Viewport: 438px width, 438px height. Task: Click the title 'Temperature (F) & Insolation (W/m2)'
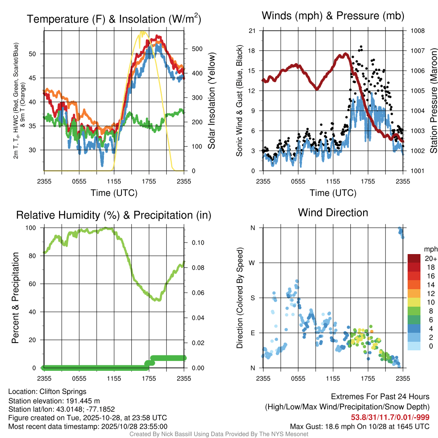tap(114, 19)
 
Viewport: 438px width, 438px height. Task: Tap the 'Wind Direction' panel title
tap(333, 213)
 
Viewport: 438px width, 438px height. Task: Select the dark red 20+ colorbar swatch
tap(414, 258)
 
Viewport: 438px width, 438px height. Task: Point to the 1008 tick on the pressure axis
tap(417, 31)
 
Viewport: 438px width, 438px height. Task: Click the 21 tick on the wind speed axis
tap(252, 31)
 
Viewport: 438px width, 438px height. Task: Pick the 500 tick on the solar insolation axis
tap(196, 49)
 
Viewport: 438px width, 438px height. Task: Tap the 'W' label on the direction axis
tap(252, 263)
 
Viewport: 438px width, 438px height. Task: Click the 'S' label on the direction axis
tap(253, 298)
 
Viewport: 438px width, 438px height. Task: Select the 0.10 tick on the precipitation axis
tap(197, 243)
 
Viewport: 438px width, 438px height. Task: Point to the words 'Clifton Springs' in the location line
tap(63, 391)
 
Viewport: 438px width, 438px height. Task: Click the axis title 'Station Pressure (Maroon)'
tap(433, 101)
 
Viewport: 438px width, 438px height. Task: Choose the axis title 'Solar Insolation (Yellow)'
tap(212, 101)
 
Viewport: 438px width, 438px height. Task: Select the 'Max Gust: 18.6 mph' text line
tap(360, 426)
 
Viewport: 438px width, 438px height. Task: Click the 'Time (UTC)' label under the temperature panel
tap(114, 193)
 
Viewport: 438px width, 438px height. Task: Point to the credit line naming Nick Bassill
tap(219, 434)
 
